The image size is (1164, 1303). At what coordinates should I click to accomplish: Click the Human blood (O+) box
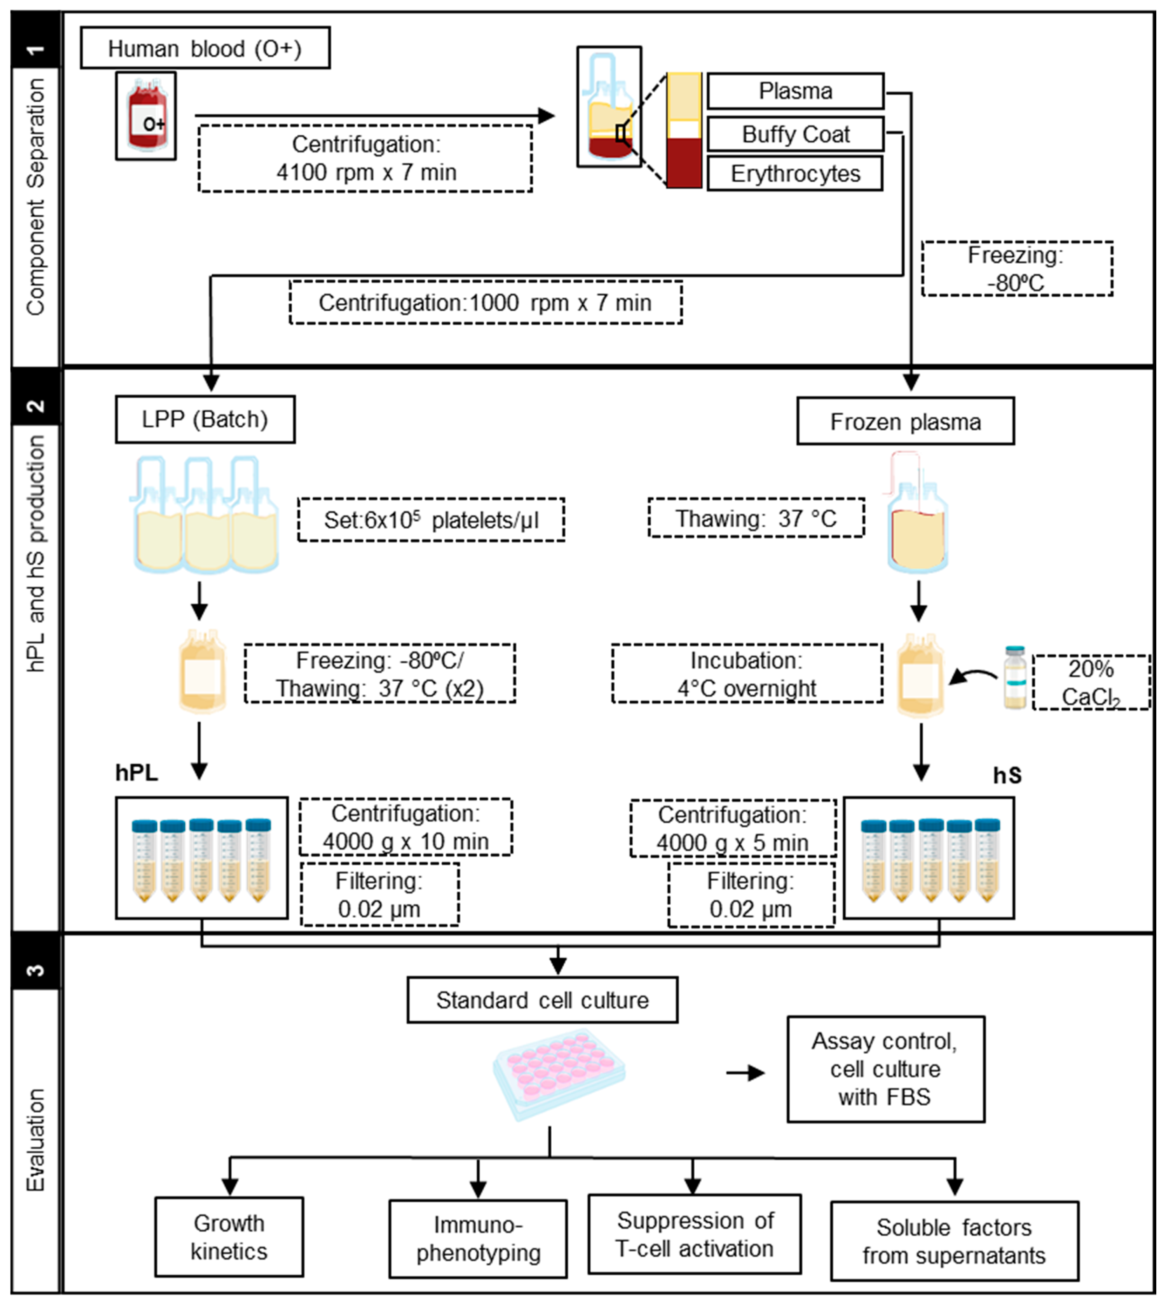click(205, 48)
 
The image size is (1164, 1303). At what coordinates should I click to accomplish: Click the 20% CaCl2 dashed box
click(1090, 682)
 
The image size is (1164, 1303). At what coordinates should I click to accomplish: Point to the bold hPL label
click(136, 773)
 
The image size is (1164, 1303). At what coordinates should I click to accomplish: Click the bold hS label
click(1007, 775)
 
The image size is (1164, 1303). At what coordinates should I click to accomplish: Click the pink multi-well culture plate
click(558, 1075)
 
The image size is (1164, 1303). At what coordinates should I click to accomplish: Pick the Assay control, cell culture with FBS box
click(885, 1069)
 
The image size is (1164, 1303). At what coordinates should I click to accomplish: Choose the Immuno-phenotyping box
click(478, 1238)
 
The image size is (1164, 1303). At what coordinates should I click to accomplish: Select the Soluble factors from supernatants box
click(954, 1241)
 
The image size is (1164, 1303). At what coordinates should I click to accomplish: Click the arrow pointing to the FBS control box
click(746, 1073)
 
